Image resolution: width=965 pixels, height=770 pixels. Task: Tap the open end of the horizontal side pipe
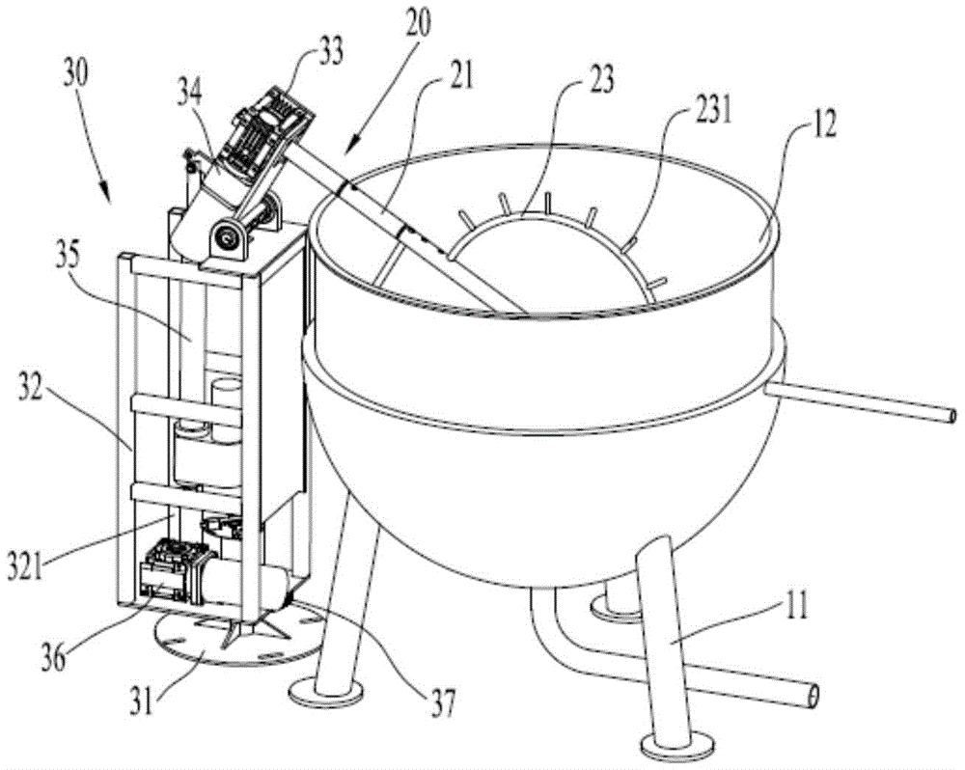(951, 416)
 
